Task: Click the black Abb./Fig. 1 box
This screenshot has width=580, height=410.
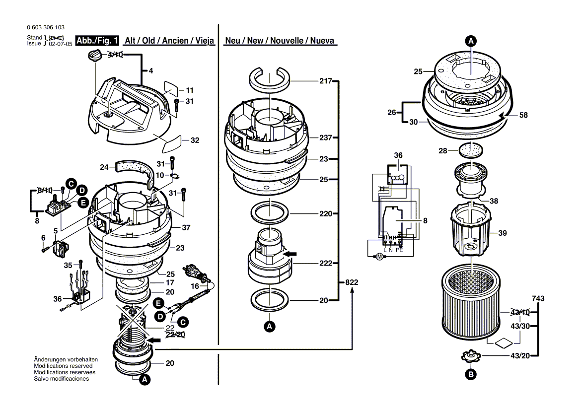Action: click(x=97, y=41)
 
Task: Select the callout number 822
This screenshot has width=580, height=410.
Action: click(x=352, y=282)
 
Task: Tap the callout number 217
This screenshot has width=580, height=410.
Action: click(x=325, y=80)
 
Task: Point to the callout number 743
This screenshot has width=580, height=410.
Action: click(x=538, y=299)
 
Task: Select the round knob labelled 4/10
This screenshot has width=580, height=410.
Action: click(x=94, y=56)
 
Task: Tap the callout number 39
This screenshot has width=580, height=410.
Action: click(x=502, y=233)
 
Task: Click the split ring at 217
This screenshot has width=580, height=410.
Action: click(x=269, y=80)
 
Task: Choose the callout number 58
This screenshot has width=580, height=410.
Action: click(x=523, y=115)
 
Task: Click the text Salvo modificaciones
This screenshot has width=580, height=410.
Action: click(x=61, y=379)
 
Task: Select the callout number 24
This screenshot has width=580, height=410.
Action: click(x=103, y=167)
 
